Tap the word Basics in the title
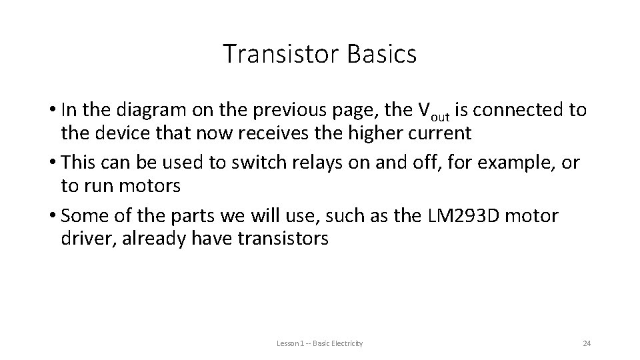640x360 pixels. pyautogui.click(x=382, y=54)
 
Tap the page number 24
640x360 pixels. pyautogui.click(x=587, y=343)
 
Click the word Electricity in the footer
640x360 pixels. pyautogui.click(x=347, y=343)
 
